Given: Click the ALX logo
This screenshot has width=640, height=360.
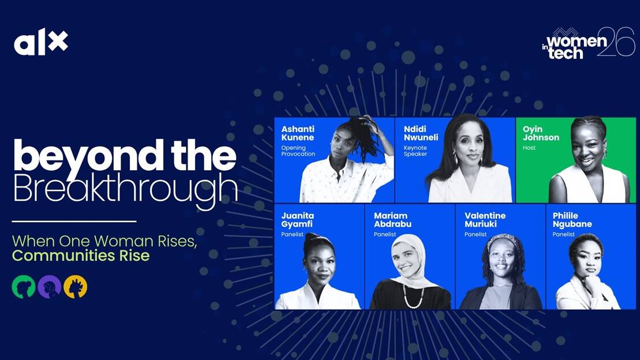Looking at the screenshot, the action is [41, 42].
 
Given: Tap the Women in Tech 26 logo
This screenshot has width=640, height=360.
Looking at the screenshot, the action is [588, 43].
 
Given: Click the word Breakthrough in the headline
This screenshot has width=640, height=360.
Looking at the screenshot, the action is [125, 188].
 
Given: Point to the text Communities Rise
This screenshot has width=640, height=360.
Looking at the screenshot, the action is [81, 256].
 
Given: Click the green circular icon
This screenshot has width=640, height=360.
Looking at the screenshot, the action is [23, 287].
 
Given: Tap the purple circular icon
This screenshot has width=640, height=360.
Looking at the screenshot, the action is [50, 287].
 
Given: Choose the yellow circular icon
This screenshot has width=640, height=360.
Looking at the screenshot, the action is [76, 287].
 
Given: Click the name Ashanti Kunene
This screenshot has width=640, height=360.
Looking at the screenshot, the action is [298, 133].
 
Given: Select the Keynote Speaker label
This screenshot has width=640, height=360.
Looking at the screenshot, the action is [416, 151].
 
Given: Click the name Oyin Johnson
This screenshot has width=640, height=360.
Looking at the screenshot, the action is [541, 133].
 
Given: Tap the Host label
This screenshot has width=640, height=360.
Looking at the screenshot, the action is [529, 148].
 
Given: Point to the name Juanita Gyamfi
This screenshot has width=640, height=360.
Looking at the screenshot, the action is [298, 220].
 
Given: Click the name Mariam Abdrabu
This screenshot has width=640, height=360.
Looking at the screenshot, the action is [392, 220].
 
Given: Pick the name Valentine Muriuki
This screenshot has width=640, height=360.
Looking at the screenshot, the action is [485, 220].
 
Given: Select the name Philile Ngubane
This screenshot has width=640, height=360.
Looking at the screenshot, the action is [572, 220].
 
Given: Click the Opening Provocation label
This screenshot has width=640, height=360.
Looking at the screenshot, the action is [298, 151].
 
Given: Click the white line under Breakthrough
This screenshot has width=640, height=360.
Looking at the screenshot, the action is [74, 222].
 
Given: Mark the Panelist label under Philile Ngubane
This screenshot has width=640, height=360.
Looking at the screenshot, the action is [564, 234].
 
